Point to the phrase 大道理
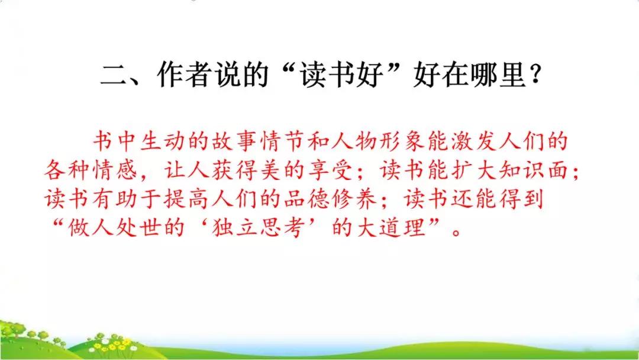click(x=399, y=229)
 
